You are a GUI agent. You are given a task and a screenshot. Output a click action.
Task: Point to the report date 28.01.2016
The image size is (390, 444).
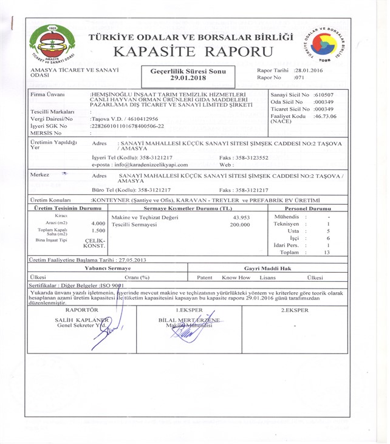309,71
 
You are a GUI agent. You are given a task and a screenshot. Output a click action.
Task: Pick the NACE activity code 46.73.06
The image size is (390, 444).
325,116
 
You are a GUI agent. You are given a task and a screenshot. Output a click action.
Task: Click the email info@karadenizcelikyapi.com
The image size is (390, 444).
140,165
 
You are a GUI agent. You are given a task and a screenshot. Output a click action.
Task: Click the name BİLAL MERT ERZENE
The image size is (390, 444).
189,319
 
